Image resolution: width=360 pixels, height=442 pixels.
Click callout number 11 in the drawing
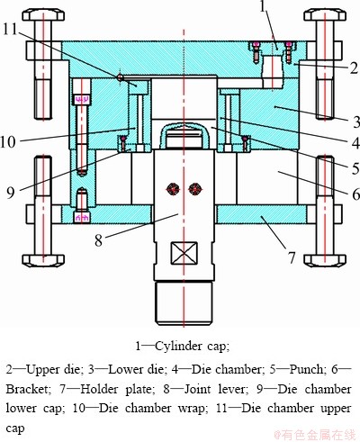(x=10, y=29)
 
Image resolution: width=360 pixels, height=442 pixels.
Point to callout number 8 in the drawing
(x=98, y=240)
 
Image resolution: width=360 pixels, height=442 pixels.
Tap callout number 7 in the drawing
(x=292, y=257)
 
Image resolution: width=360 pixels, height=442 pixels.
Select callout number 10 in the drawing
(x=7, y=141)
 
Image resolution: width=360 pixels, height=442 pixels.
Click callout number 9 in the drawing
(x=11, y=192)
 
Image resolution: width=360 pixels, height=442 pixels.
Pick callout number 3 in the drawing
(x=356, y=122)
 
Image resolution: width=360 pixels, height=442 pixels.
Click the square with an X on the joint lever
(x=184, y=253)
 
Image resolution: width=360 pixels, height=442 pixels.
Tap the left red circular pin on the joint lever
(x=173, y=189)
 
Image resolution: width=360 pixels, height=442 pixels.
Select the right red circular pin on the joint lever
(x=195, y=189)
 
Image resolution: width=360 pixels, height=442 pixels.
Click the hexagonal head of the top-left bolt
(x=43, y=14)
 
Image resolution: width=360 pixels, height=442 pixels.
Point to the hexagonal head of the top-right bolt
(x=325, y=14)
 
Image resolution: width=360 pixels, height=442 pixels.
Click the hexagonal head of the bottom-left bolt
(x=43, y=261)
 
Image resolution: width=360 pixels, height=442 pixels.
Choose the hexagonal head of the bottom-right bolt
(x=325, y=261)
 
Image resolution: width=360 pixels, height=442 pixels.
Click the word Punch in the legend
(x=308, y=369)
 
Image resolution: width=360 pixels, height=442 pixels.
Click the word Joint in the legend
(x=197, y=389)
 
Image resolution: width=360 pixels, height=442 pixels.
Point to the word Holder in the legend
(x=99, y=389)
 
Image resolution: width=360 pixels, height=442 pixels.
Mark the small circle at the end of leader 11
(x=120, y=77)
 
